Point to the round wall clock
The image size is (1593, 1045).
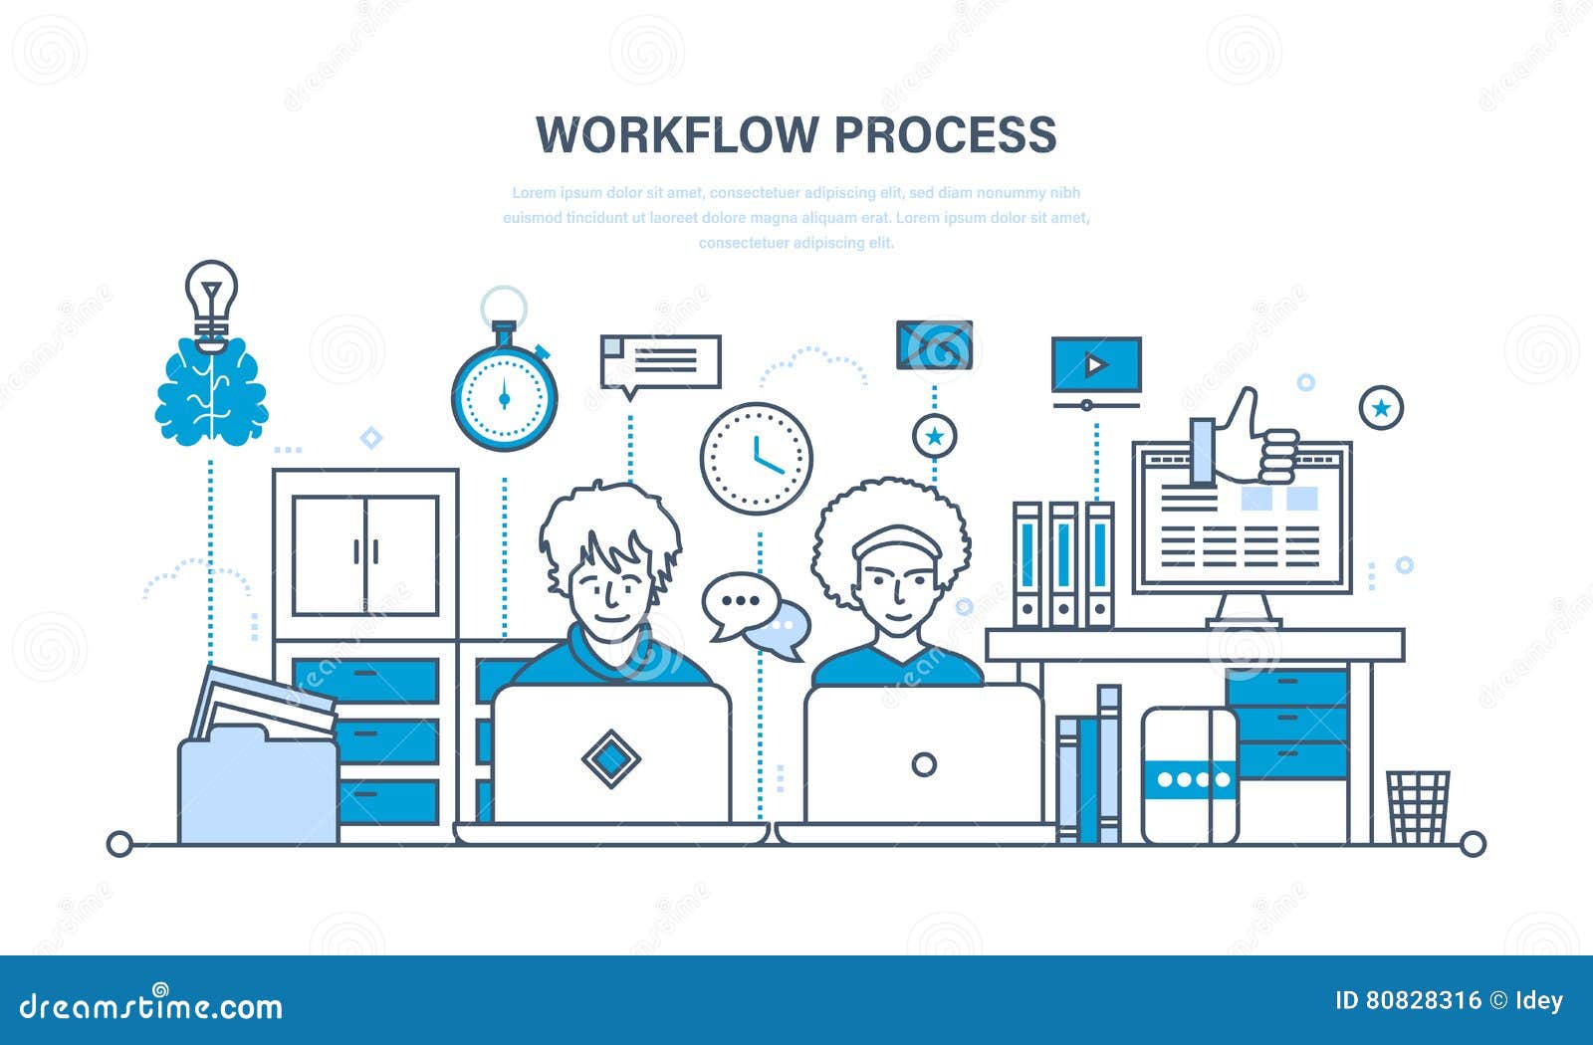coord(757,458)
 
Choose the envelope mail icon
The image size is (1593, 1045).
coord(934,344)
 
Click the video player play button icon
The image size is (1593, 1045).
coord(1096,365)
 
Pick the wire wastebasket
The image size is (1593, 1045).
coord(1418,807)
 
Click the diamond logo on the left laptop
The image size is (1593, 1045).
coord(610,758)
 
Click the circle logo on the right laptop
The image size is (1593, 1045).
coord(924,764)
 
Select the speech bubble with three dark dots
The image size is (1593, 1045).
coord(739,603)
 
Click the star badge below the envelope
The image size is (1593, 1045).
coord(934,436)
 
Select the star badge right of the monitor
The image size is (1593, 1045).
coord(1381,408)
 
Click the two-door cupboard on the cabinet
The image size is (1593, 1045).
coord(365,553)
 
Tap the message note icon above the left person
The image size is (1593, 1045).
coord(660,361)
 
